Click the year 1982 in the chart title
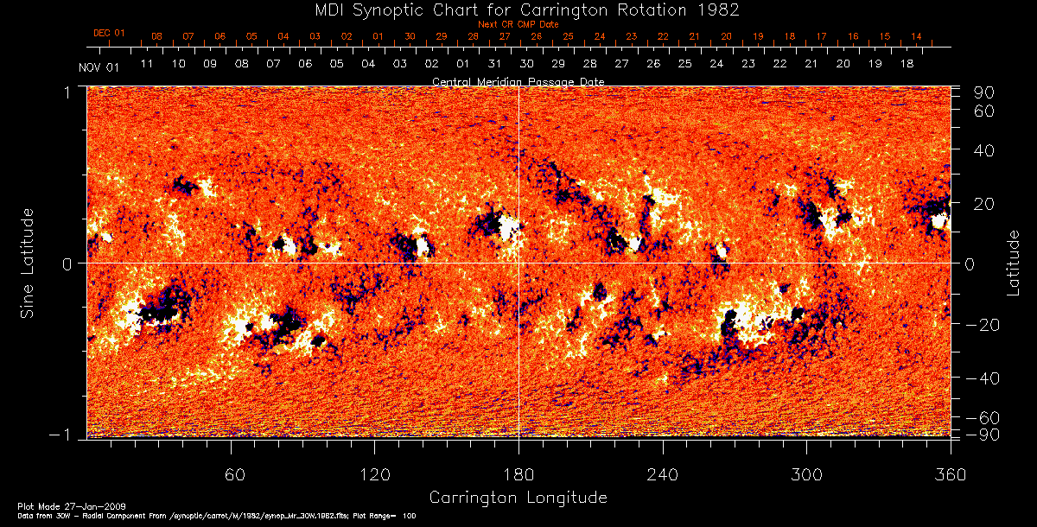[722, 10]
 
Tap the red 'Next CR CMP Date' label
[518, 24]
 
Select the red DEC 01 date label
[109, 34]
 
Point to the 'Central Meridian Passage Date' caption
[518, 81]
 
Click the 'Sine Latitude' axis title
[29, 262]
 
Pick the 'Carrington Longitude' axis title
[518, 498]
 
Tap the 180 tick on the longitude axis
[518, 474]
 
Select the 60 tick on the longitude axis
[232, 474]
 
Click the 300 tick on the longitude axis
[805, 474]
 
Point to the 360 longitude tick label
[949, 474]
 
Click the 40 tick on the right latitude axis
[984, 150]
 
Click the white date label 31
[494, 64]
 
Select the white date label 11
[147, 64]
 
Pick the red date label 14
[916, 36]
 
